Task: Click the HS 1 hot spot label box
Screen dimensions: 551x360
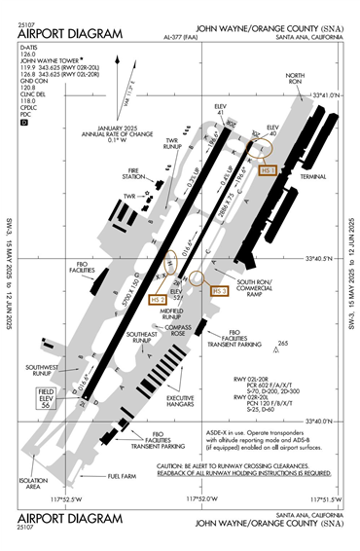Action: tap(269, 170)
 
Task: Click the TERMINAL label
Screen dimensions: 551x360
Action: tap(314, 177)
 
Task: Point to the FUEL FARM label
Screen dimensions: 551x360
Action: tap(122, 476)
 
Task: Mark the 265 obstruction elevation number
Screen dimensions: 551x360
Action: tap(283, 344)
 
